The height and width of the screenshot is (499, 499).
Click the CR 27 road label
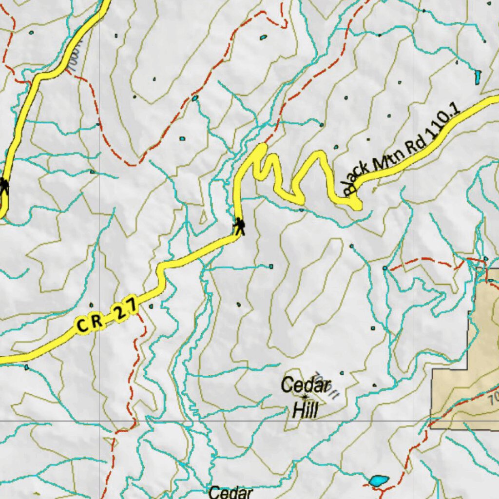[107, 318]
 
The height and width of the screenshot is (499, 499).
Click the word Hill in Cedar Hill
[305, 410]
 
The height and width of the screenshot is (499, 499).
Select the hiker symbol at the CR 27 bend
[239, 227]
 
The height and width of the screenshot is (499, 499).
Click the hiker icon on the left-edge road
[4, 186]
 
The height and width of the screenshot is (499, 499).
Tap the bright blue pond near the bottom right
[379, 481]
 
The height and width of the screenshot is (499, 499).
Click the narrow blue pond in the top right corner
[478, 77]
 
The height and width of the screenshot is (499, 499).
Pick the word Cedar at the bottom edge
[230, 492]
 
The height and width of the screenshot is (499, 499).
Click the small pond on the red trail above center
[195, 98]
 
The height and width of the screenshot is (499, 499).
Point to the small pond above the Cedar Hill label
[341, 373]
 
